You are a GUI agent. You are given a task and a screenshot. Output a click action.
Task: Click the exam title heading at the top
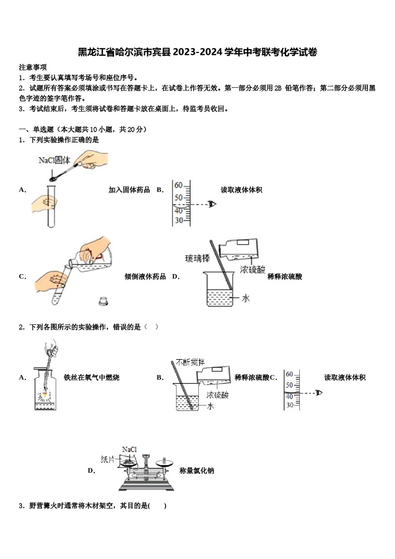click(x=197, y=52)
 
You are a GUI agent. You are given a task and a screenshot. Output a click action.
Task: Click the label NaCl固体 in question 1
click(x=54, y=160)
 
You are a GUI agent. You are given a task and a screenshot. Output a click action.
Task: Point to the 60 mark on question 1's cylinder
click(x=178, y=185)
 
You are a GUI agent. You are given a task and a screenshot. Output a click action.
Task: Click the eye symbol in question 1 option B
click(x=212, y=204)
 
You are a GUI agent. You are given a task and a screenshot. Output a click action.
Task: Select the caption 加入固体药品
click(x=129, y=190)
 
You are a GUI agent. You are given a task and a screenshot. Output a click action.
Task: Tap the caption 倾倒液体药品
click(x=145, y=277)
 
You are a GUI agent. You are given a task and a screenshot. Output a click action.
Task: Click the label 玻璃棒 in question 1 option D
click(x=197, y=259)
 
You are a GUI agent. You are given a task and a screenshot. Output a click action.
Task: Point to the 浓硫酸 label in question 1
click(x=252, y=270)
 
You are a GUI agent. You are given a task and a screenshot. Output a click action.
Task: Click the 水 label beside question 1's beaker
click(x=246, y=298)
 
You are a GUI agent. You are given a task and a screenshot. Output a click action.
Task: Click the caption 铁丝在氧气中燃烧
click(x=91, y=378)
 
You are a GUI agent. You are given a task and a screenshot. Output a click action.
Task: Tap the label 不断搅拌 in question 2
click(x=190, y=362)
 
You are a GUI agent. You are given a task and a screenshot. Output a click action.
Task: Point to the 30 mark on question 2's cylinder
click(x=289, y=405)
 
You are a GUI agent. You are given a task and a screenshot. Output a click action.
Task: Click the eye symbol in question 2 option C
click(x=319, y=393)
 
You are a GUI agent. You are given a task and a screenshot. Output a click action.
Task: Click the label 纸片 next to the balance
click(x=108, y=459)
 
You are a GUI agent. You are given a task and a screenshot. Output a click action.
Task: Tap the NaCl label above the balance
click(x=129, y=450)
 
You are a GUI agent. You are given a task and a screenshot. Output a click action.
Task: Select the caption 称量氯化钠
click(x=197, y=471)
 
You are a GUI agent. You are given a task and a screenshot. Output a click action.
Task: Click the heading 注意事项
click(x=33, y=67)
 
